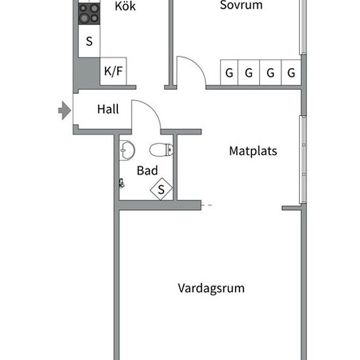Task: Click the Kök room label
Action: pos(125,6)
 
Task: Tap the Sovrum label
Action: pos(241,5)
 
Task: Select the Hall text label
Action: pos(108,109)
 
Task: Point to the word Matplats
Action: pos(253,151)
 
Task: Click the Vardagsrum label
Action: pos(211,289)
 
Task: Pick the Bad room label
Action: pos(147,171)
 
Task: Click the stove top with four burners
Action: pos(89,14)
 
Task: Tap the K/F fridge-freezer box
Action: pos(113,71)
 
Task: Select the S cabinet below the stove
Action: pos(89,41)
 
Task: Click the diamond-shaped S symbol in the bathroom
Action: pos(161,189)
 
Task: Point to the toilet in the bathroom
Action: pos(161,150)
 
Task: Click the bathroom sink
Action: pos(127,150)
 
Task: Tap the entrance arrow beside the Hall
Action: pos(65,111)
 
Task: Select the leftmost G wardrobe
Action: pos(229,73)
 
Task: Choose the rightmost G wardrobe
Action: pos(291,73)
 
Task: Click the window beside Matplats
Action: pos(303,160)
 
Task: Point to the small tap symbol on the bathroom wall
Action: pos(122,183)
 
